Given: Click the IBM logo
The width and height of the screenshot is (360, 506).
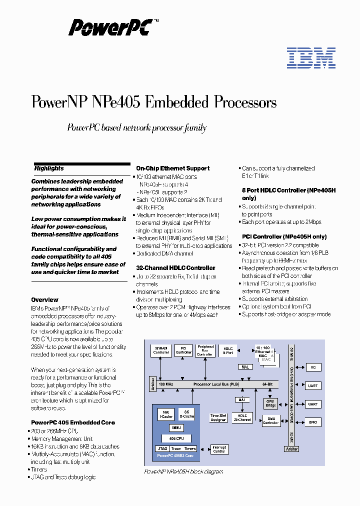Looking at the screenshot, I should [311, 58].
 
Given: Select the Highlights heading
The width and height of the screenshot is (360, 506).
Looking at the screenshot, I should [49, 168].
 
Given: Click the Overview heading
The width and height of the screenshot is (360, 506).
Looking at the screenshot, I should [44, 300].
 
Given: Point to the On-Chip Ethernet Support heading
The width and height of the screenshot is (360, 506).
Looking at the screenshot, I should [172, 168].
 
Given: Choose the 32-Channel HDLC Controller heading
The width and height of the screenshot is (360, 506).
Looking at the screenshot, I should [175, 268].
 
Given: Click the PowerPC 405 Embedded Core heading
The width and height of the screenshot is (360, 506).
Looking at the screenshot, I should [73, 422].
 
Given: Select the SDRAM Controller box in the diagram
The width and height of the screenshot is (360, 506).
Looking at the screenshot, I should [161, 350].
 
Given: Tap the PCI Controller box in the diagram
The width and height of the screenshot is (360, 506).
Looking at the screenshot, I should [183, 350].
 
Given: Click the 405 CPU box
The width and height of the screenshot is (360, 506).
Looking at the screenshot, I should [176, 438].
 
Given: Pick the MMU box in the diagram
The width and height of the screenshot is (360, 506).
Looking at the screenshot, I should [176, 428].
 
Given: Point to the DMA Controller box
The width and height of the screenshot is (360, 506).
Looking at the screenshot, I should [270, 421].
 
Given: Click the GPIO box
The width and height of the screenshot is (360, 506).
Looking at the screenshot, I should [312, 422].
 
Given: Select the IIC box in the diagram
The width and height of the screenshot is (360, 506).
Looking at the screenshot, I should [312, 367].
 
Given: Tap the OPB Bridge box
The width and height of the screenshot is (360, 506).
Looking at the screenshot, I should [270, 403].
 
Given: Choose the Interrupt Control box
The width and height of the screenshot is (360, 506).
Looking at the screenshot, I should [219, 449].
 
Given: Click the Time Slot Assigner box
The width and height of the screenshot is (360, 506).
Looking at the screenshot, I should [218, 417].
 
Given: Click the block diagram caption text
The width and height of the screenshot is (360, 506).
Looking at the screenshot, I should [183, 471].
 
